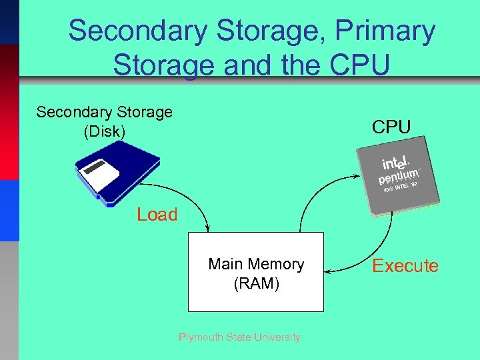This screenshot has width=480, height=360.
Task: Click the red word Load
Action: point(157,215)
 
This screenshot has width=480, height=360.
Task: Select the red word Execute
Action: point(405,266)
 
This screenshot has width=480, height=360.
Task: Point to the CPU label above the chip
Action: point(391,127)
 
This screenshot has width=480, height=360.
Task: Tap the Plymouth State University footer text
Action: point(239,337)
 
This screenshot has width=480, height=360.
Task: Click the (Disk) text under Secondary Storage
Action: point(104,131)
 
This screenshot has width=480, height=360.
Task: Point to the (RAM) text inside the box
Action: point(256,283)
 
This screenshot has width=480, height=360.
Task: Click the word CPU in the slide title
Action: point(361,66)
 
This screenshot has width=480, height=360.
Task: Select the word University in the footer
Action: point(277,337)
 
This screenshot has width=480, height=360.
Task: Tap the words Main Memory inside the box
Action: point(256,264)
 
